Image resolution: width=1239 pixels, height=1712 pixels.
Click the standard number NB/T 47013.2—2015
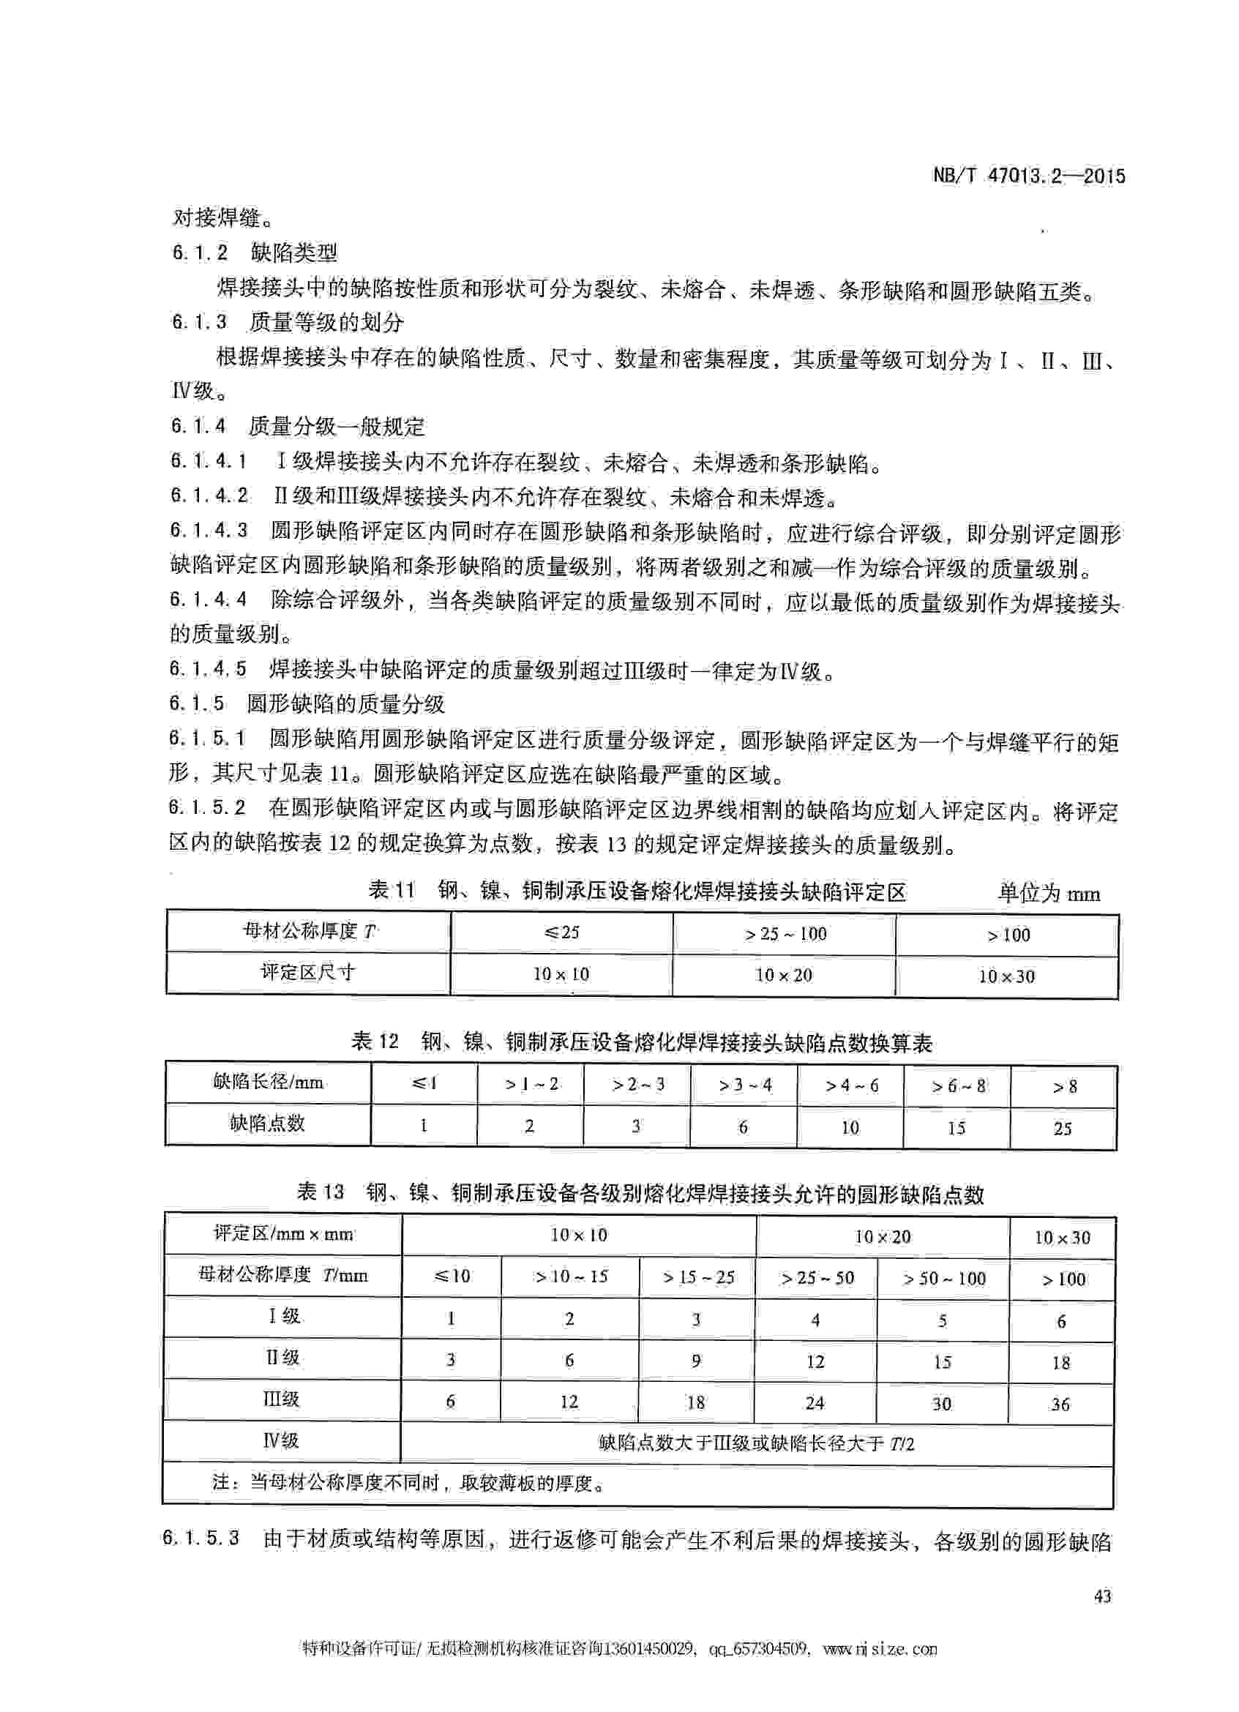[x=1029, y=176]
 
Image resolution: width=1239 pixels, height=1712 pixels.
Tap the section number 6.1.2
[x=200, y=252]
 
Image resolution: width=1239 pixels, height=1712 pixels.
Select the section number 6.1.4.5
[x=209, y=669]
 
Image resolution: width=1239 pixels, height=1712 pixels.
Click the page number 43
[x=1101, y=1596]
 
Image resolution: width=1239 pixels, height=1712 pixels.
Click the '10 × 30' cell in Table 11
[x=1006, y=976]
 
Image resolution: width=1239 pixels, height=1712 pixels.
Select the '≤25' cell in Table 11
[x=561, y=932]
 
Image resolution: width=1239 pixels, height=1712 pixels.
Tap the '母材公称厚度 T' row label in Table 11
[x=308, y=932]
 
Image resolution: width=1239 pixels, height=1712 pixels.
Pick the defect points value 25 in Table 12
[x=1063, y=1129]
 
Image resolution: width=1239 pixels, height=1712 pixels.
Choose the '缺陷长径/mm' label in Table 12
[x=268, y=1083]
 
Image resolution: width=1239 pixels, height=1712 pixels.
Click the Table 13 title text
[x=640, y=1193]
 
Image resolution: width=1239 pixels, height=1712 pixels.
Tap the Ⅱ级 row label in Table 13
[x=282, y=1358]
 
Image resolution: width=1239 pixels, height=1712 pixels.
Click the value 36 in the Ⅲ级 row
[x=1060, y=1404]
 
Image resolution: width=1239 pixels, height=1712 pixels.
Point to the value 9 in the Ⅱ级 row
[x=696, y=1360]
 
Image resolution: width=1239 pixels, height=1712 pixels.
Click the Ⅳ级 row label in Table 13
[x=281, y=1441]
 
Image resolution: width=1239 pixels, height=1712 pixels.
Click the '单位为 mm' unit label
[x=1049, y=894]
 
